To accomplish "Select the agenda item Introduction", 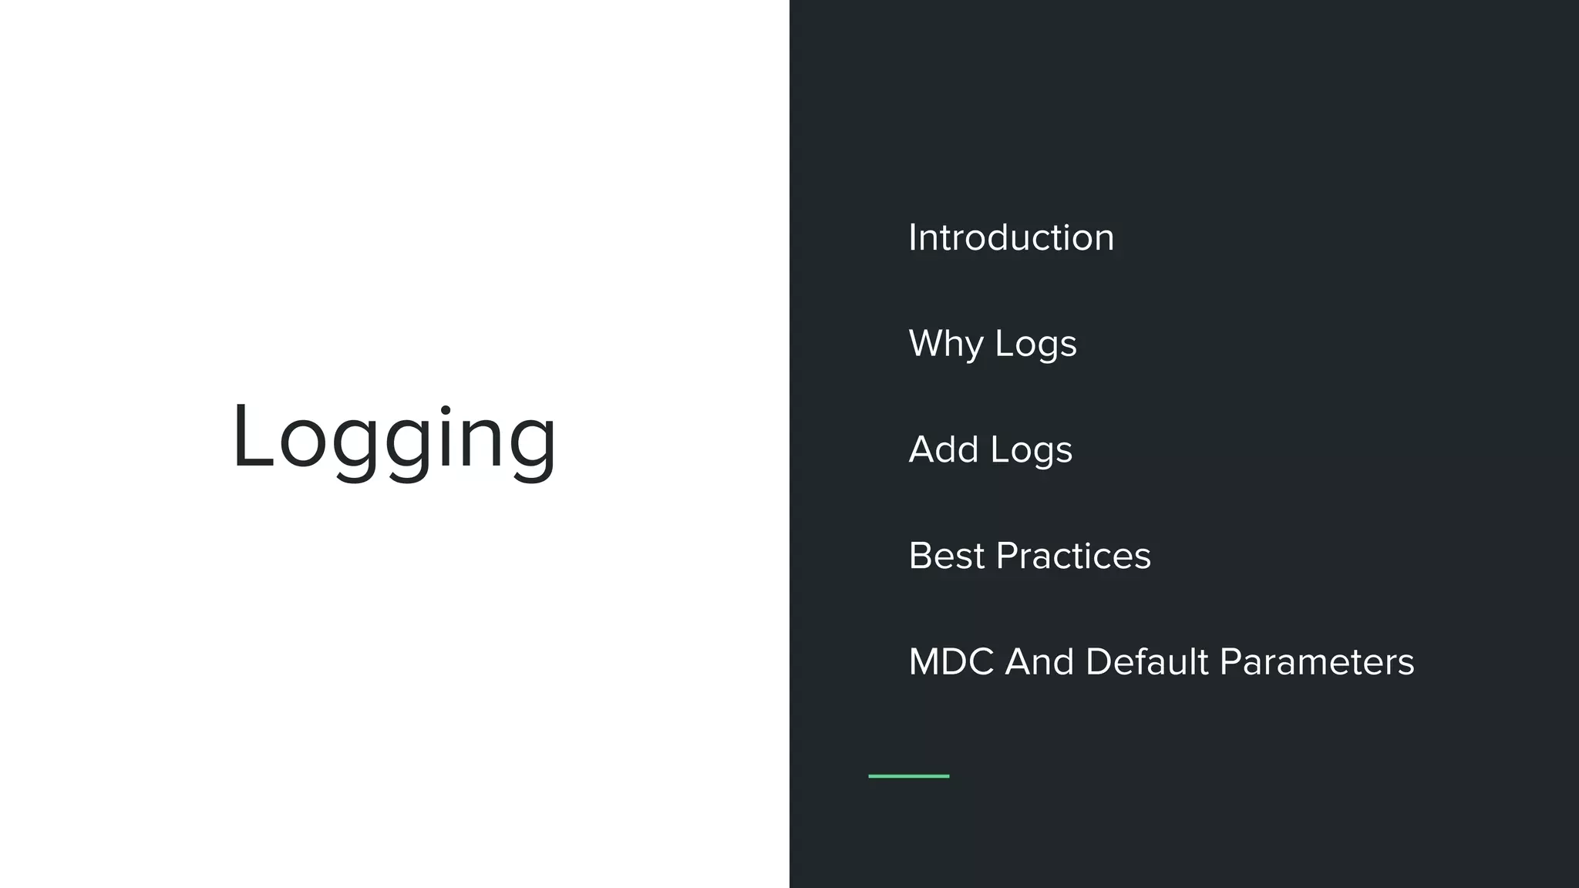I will click(1011, 237).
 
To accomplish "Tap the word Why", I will click(946, 344).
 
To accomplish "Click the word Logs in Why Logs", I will click(1035, 344).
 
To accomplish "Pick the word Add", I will click(944, 449).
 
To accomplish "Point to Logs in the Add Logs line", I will click(1032, 450).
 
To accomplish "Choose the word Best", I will click(946, 556).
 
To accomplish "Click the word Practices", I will click(1073, 556).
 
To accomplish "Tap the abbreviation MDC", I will click(951, 662).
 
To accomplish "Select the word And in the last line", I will click(1039, 662).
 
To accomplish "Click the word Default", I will click(1146, 662).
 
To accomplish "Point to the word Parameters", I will click(1317, 662).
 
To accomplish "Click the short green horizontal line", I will click(908, 776).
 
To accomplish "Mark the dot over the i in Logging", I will click(446, 409).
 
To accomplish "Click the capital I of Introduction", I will click(913, 237).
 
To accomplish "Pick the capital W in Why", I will click(930, 343).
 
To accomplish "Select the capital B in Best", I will click(921, 556).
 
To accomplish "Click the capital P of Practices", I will click(1007, 556).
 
